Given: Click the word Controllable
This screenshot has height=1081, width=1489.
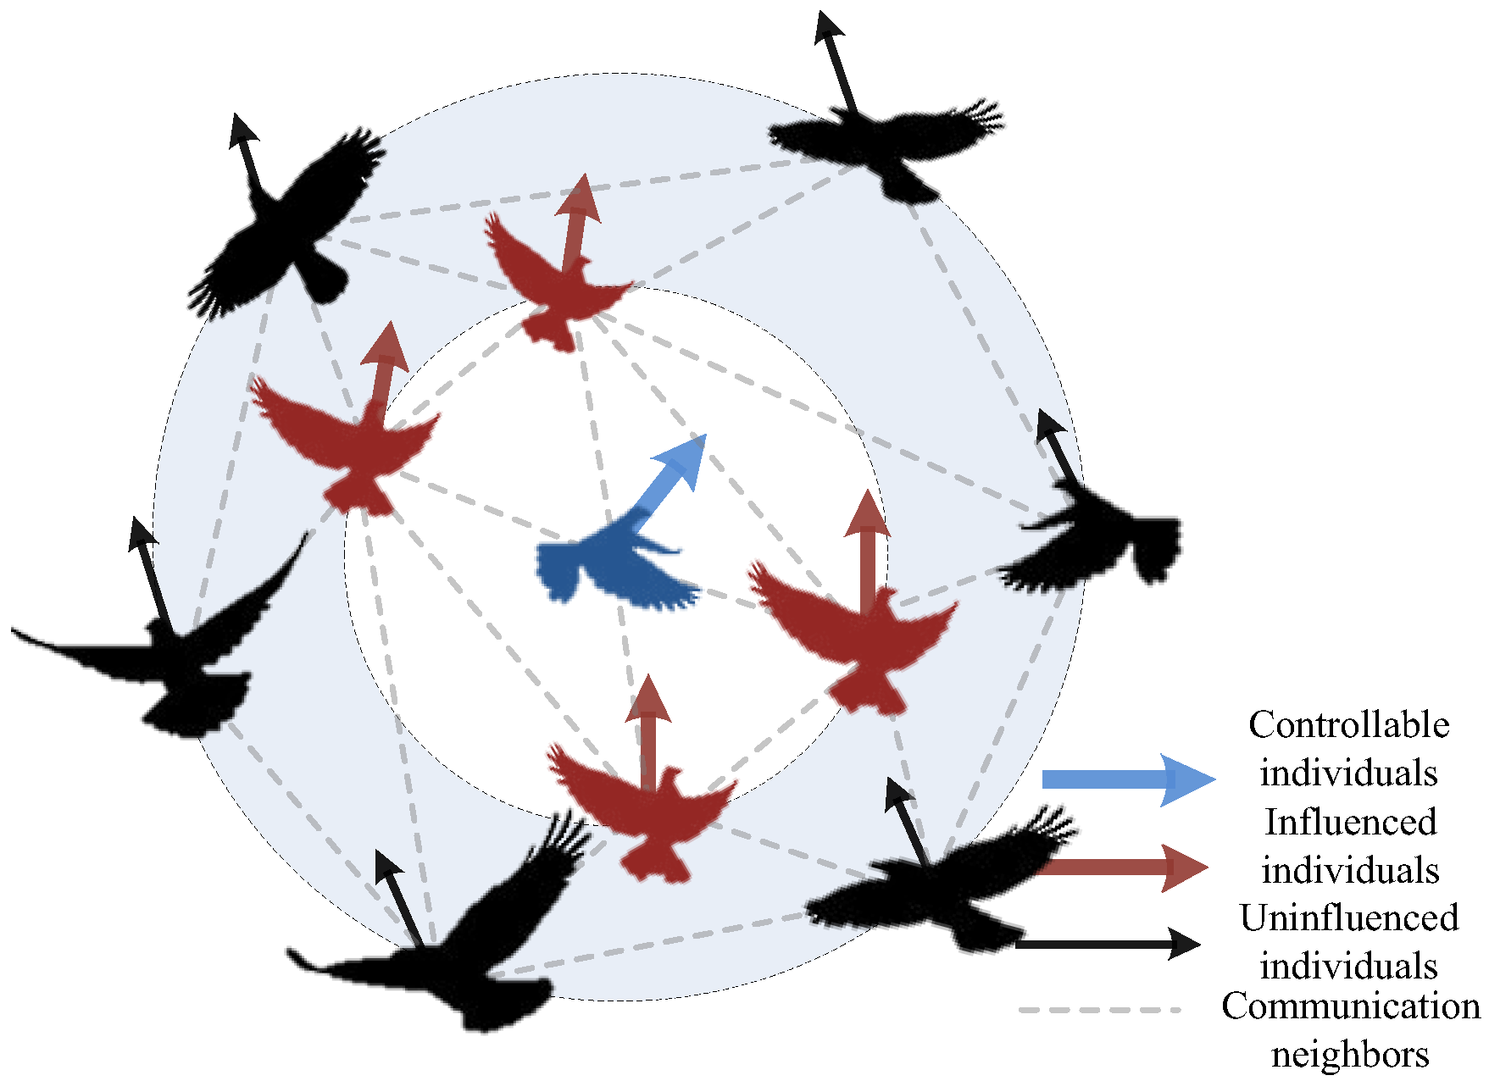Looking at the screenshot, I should point(1347,725).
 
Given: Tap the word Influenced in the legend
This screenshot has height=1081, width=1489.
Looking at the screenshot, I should point(1350,822).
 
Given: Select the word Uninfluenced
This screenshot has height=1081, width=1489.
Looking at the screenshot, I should point(1348,918).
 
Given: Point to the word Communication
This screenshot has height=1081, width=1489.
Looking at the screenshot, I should point(1351,1006).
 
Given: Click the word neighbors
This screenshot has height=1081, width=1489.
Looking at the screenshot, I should point(1350,1055).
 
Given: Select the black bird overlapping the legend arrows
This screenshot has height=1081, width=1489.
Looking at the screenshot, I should point(941,890).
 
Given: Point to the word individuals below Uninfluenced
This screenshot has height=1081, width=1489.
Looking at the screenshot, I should point(1348,967).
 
